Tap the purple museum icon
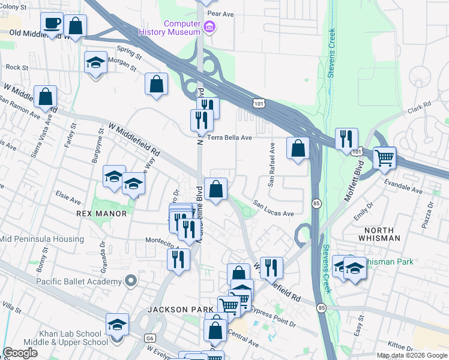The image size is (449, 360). coord(208,26)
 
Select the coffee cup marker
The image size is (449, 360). coord(52,24)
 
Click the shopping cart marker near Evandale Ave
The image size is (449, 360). coord(385,158)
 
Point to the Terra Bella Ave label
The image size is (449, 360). coord(229,137)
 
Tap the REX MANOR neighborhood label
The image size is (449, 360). coord(101,214)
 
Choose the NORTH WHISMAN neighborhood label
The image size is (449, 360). coord(379,234)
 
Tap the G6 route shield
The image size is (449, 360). coord(149,338)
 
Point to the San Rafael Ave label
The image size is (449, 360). coord(272,165)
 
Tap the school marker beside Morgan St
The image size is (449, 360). coord(95,63)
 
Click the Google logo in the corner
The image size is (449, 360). coord(20,353)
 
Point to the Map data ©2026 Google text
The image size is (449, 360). coord(412,355)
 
